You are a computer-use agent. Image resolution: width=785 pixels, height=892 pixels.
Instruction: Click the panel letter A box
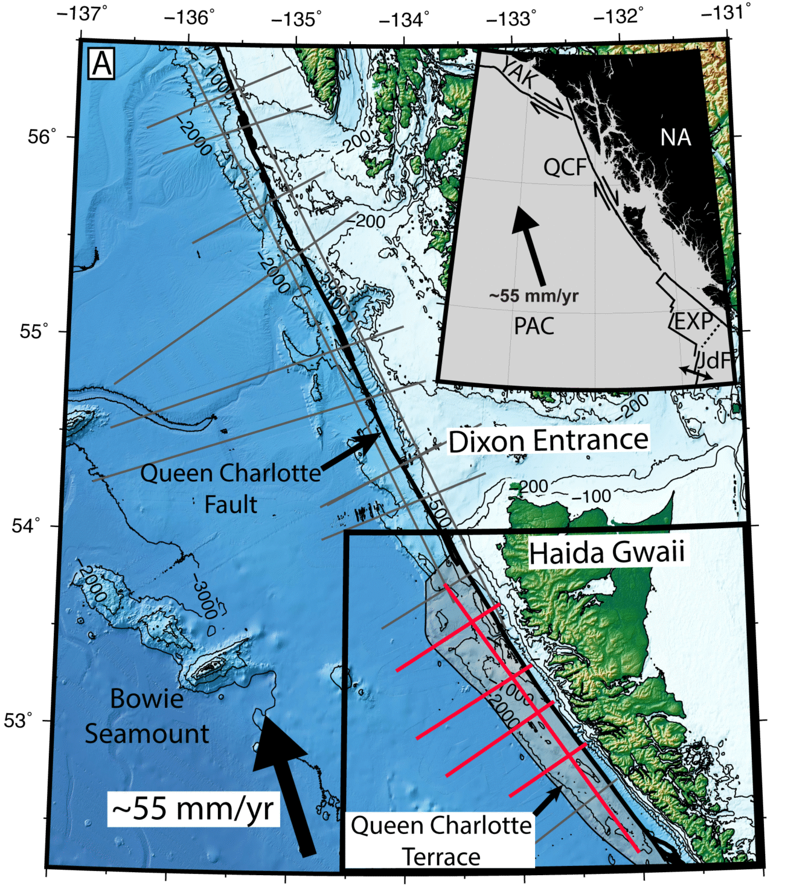(101, 63)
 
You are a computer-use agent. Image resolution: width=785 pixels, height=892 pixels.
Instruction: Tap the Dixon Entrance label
(548, 441)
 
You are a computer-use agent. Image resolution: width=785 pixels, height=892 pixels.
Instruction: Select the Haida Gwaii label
(606, 553)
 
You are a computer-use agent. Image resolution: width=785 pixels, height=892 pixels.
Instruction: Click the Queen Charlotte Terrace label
(441, 841)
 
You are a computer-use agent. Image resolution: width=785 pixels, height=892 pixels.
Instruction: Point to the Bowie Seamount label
(147, 716)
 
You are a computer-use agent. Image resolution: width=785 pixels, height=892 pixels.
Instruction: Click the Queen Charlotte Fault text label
(230, 488)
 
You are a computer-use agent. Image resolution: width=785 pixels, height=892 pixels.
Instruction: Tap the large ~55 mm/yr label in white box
(193, 809)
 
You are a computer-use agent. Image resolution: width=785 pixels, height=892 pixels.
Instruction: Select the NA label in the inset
(675, 138)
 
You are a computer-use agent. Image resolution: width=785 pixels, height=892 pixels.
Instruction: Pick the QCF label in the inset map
(565, 167)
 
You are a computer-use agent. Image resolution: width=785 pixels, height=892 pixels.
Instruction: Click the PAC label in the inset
(534, 327)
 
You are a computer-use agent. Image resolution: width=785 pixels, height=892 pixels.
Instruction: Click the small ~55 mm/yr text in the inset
(533, 296)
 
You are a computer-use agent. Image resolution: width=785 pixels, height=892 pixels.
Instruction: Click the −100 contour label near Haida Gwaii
(591, 496)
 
